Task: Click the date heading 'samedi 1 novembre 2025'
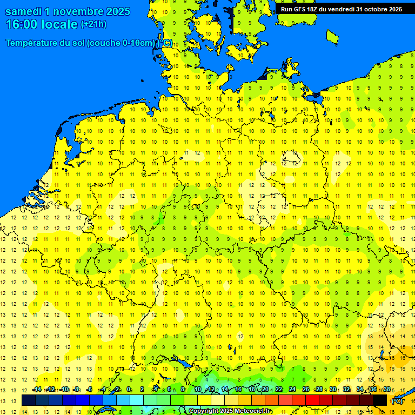click(x=68, y=11)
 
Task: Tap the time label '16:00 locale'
click(x=42, y=24)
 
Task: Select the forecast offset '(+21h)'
click(x=93, y=24)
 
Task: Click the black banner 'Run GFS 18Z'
click(x=341, y=9)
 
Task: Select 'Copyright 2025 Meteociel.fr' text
click(x=230, y=411)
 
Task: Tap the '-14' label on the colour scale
click(x=37, y=390)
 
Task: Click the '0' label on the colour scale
click(x=129, y=390)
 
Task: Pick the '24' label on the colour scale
click(x=292, y=390)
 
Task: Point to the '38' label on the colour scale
click(x=387, y=390)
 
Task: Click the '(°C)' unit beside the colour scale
click(x=397, y=401)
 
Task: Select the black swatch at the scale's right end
click(x=380, y=400)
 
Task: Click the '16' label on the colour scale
click(x=238, y=390)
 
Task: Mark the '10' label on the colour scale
click(x=197, y=390)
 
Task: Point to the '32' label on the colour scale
click(x=346, y=390)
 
